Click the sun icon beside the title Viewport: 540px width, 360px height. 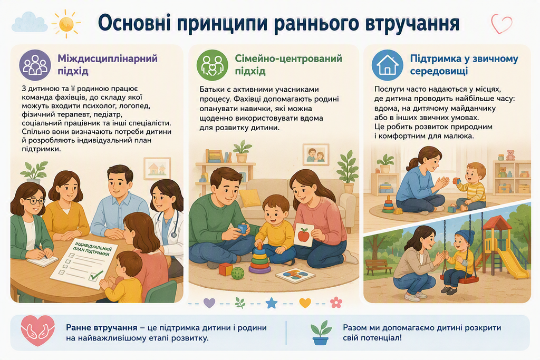pos(66,23)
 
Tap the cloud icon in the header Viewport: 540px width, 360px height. pos(30,22)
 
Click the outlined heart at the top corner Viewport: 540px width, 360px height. pos(502,23)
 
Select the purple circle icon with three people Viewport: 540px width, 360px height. pos(35,65)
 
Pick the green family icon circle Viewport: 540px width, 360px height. pos(212,65)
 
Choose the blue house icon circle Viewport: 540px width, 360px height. pos(388,65)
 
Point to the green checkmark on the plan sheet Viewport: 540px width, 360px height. pos(96,275)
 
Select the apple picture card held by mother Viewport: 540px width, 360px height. pos(304,235)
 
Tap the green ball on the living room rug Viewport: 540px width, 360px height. pos(237,273)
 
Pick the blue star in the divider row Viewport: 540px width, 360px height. pos(272,303)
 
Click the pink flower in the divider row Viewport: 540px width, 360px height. pos(336,303)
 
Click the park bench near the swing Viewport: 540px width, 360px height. pos(379,267)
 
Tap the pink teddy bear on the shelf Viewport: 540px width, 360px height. pos(510,155)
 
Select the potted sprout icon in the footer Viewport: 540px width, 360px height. pos(321,333)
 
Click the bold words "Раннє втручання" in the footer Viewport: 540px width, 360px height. pos(102,328)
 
